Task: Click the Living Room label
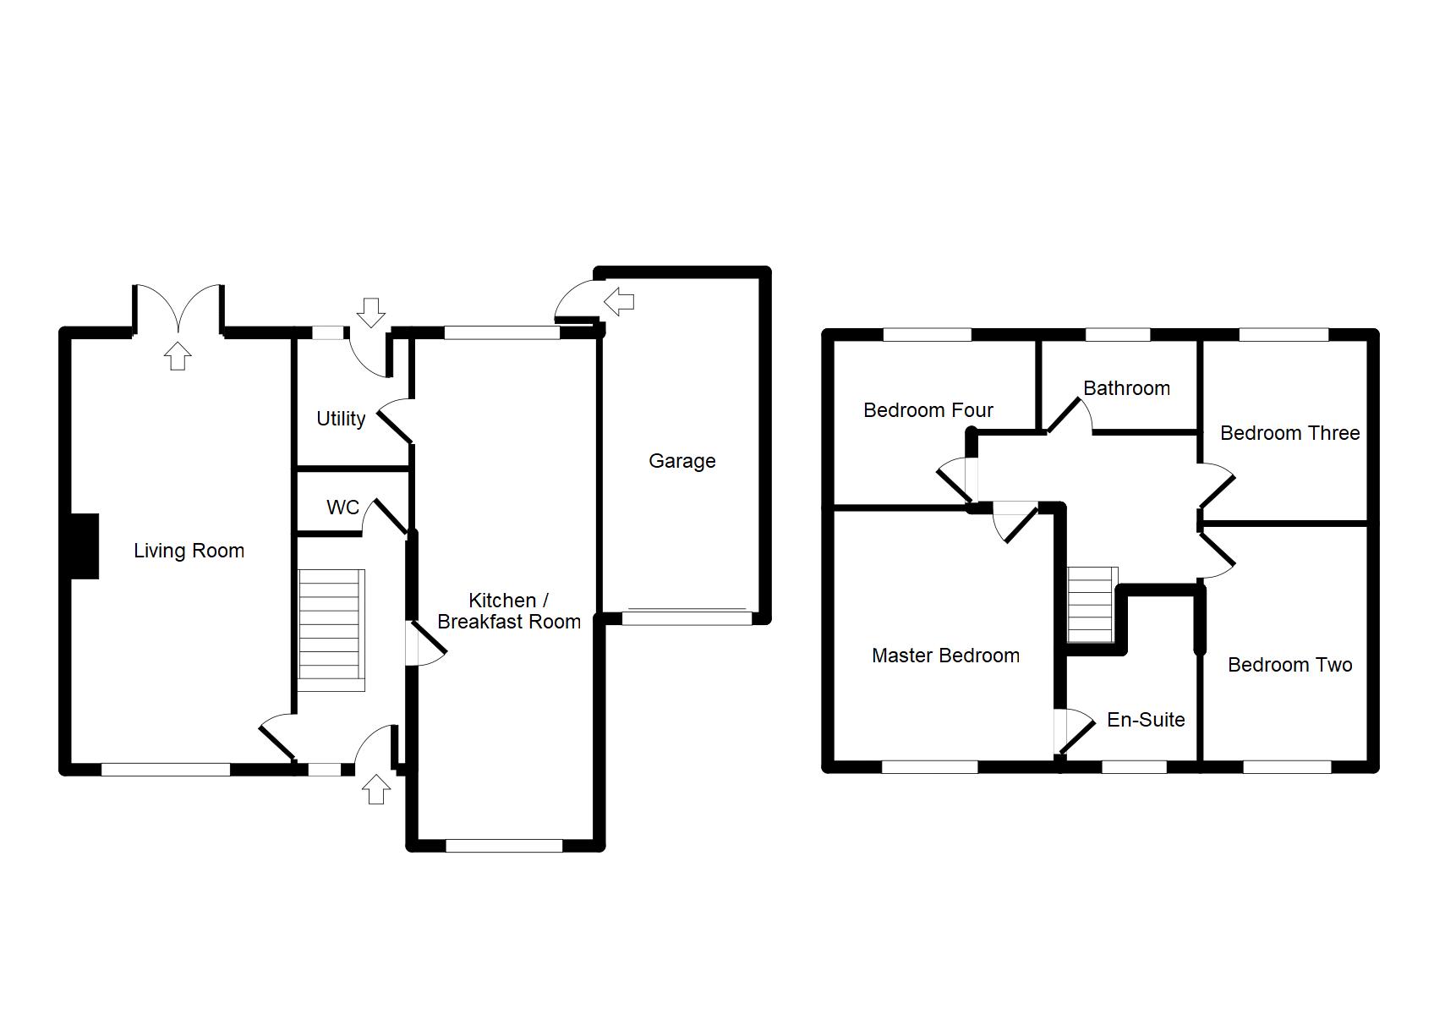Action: [x=189, y=551]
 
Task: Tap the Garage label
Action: [x=681, y=461]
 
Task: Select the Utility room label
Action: [x=341, y=419]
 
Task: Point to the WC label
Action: [x=342, y=507]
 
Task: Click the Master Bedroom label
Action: [x=945, y=656]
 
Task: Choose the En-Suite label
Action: [x=1146, y=720]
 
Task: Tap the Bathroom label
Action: [x=1126, y=388]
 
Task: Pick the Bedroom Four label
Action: [x=928, y=410]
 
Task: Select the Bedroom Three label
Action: [x=1289, y=433]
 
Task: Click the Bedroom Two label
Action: [x=1289, y=665]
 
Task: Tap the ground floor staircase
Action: [x=331, y=630]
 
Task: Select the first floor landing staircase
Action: [x=1092, y=604]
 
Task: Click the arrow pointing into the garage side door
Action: [x=620, y=300]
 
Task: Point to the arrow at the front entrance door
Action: [x=376, y=790]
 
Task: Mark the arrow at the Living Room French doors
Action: [x=177, y=356]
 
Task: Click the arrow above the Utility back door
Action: [x=370, y=311]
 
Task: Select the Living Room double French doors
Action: [x=178, y=310]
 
